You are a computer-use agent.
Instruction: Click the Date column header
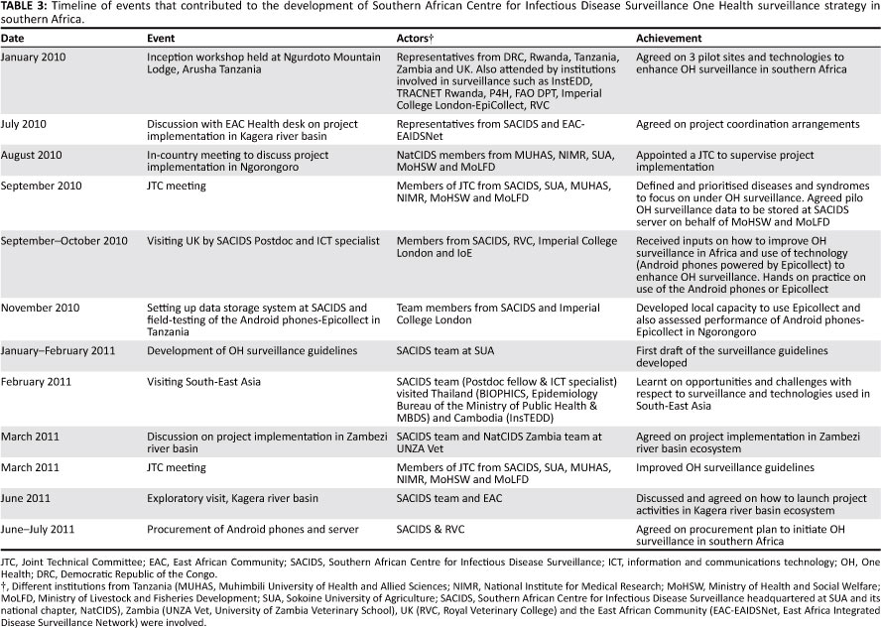point(13,38)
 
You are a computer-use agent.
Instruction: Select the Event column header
point(163,38)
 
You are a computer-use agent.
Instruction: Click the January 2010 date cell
point(35,58)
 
